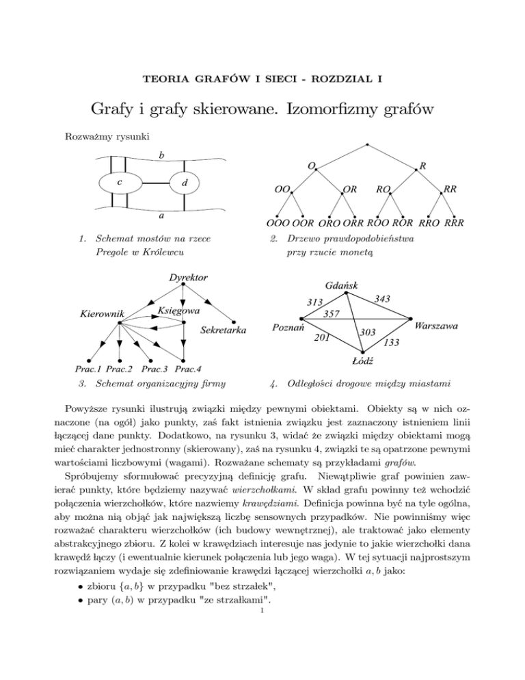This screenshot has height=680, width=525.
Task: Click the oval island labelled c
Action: click(x=120, y=183)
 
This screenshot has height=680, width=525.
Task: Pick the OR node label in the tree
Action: click(x=351, y=187)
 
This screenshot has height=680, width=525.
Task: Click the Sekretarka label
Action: click(x=224, y=331)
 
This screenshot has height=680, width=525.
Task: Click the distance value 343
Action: click(x=383, y=298)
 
